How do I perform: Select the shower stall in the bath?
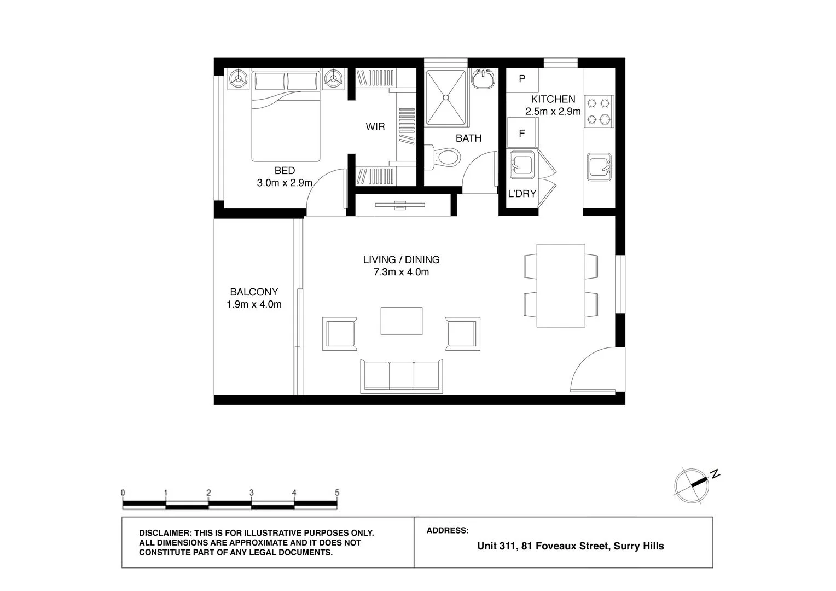(x=446, y=97)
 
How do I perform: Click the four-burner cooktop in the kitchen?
(x=598, y=111)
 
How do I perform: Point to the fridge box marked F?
(x=522, y=133)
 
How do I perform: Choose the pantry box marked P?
(x=522, y=79)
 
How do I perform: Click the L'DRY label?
(x=522, y=194)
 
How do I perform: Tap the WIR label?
(x=375, y=127)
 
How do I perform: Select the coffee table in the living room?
(x=402, y=321)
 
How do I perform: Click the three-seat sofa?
(x=402, y=376)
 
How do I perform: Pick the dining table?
(x=561, y=286)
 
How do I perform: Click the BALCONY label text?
(x=254, y=292)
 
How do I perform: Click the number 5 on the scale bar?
(x=337, y=492)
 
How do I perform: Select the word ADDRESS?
(x=447, y=530)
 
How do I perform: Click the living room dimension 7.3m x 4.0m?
(x=401, y=272)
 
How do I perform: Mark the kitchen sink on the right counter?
(x=599, y=166)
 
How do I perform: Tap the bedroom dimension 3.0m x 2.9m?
(x=285, y=183)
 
